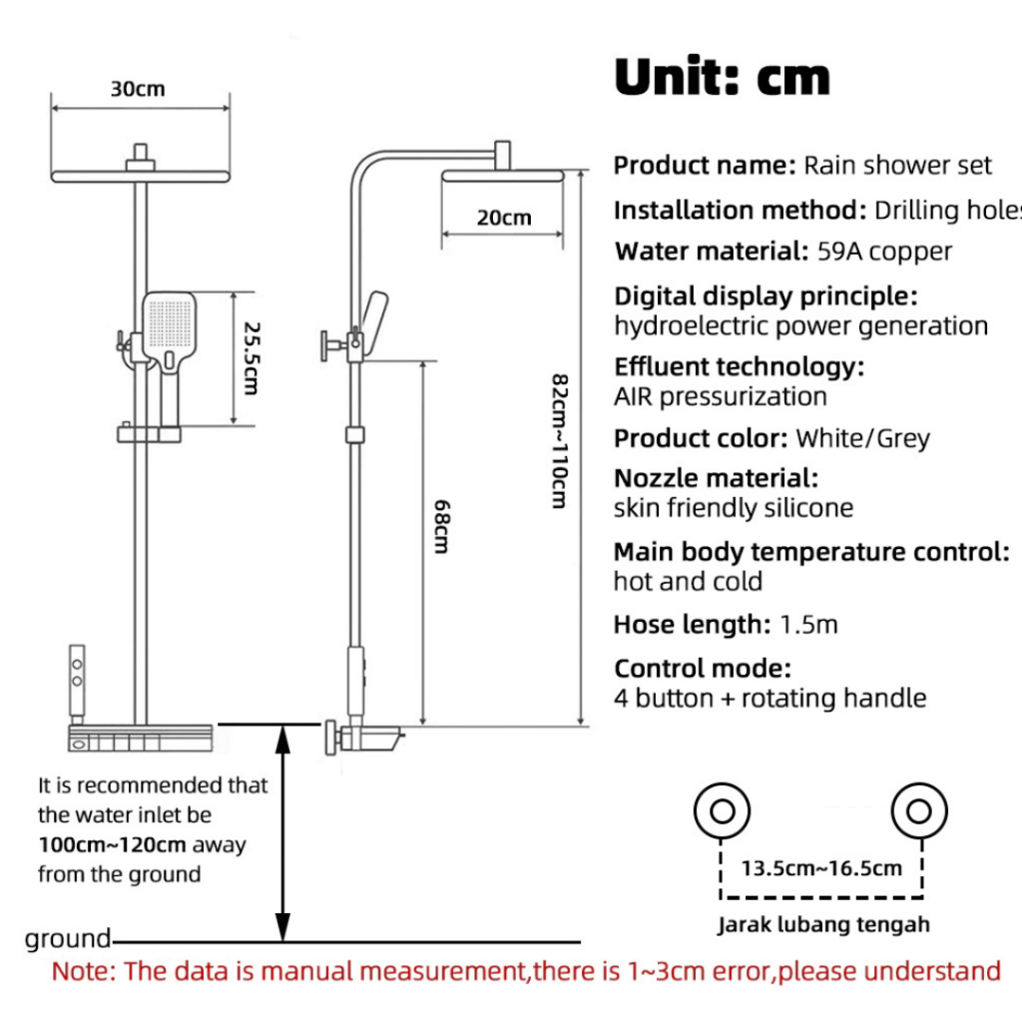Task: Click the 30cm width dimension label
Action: (x=138, y=89)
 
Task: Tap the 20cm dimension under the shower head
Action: (x=504, y=217)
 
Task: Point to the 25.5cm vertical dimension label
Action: (x=250, y=357)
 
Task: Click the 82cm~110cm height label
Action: (x=559, y=440)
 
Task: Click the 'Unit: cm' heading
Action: (x=722, y=77)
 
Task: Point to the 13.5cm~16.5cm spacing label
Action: (x=821, y=867)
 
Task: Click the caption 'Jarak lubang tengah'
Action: (x=823, y=924)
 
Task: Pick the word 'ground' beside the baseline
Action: (x=68, y=939)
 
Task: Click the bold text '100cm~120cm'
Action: (x=113, y=844)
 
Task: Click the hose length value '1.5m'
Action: (x=808, y=626)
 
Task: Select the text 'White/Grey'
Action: (x=862, y=438)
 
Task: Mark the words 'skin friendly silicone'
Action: (x=734, y=508)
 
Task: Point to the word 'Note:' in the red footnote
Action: (x=85, y=970)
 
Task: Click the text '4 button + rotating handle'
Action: (x=769, y=699)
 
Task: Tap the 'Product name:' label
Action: (x=705, y=165)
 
